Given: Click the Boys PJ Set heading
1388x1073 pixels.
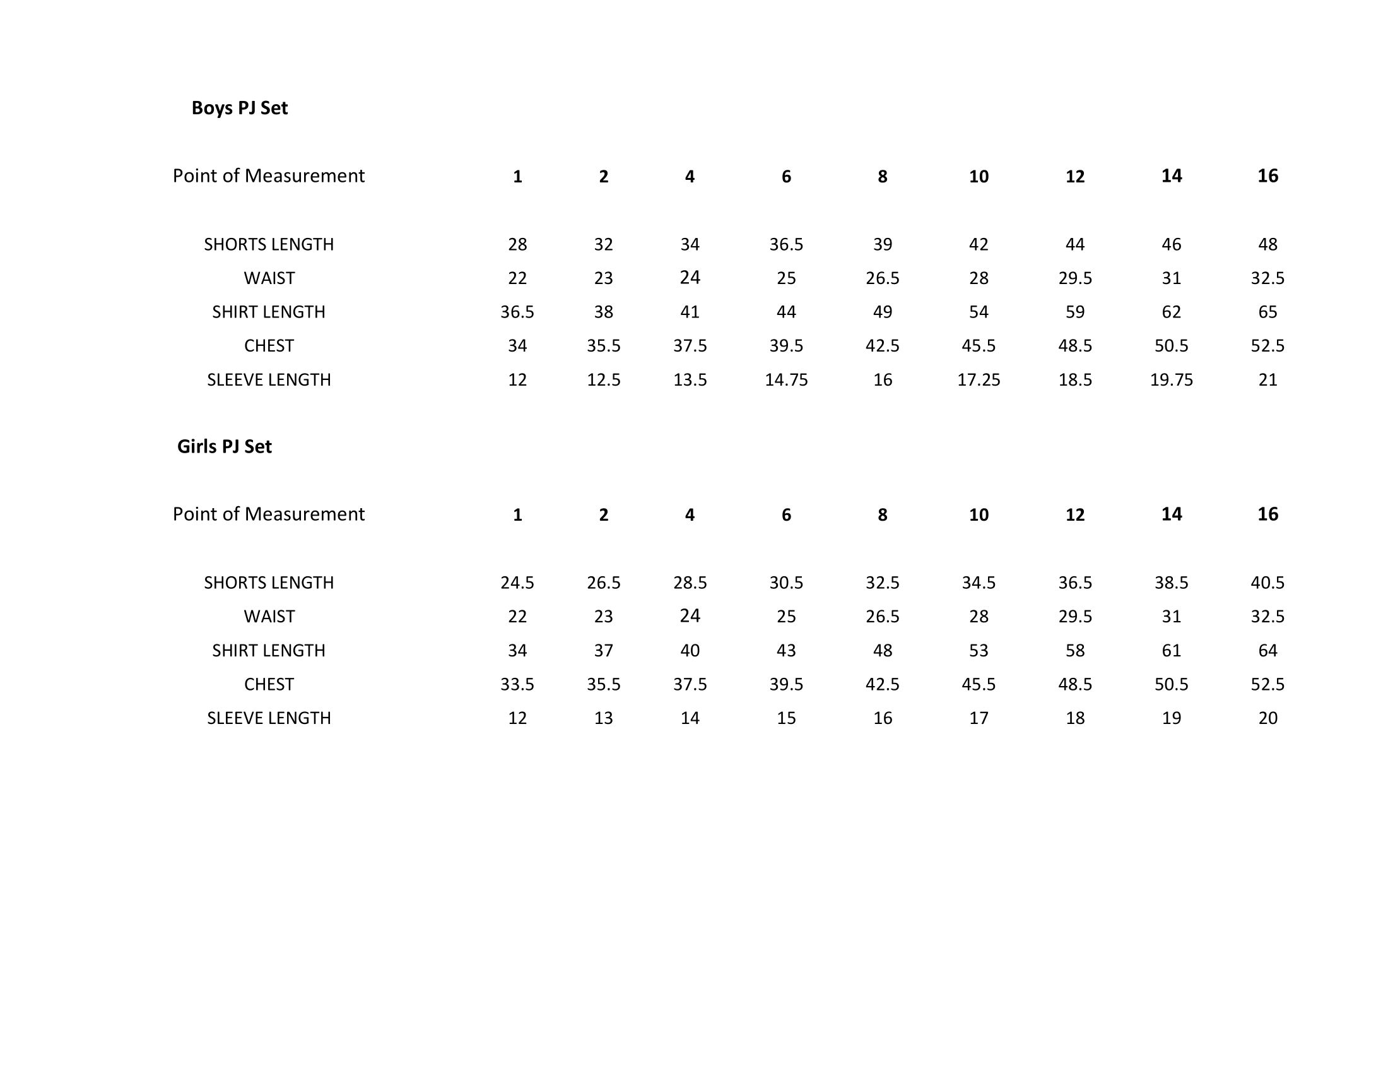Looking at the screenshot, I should [x=240, y=108].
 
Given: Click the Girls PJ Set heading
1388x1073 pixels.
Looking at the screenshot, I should [x=225, y=446].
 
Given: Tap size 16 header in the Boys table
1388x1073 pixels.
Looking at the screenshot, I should [x=1267, y=176].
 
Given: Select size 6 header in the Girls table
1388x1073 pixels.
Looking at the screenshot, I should [x=786, y=514].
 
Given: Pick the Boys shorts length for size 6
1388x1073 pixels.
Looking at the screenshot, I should [x=786, y=244].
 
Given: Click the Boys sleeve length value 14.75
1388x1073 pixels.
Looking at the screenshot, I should [x=786, y=379].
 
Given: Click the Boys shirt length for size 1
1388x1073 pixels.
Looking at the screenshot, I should [x=517, y=311].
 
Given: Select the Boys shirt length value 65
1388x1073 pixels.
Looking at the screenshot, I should [x=1267, y=311].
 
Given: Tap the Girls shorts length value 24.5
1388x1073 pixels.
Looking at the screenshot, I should [x=517, y=583].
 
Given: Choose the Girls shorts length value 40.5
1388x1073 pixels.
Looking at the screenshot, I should [x=1267, y=583].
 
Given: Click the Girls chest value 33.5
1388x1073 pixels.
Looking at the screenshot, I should [x=517, y=684].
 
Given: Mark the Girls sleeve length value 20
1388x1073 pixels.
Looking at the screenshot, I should [x=1267, y=718].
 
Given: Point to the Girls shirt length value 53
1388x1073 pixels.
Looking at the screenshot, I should [x=979, y=650].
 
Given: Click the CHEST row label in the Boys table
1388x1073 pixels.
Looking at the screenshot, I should [x=269, y=346].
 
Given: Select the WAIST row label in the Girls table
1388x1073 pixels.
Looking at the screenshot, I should [x=269, y=617].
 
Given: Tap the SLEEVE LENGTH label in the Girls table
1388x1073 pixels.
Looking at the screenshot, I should [x=269, y=718].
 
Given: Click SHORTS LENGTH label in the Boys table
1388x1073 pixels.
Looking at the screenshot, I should [x=269, y=244].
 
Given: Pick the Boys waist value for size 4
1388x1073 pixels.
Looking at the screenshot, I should [x=690, y=277].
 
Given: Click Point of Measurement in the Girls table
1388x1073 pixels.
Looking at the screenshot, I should [x=269, y=514].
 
